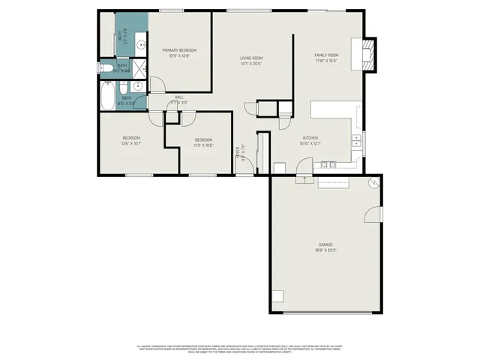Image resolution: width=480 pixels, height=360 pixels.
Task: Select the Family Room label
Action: click(x=326, y=55)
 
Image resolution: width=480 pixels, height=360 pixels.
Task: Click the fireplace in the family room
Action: click(x=367, y=54)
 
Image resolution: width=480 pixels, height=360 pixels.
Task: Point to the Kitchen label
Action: click(x=310, y=138)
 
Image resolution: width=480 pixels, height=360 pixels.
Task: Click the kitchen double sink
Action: click(x=358, y=140)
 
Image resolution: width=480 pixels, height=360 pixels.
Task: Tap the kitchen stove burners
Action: click(x=328, y=164)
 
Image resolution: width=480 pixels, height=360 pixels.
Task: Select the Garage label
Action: click(x=325, y=244)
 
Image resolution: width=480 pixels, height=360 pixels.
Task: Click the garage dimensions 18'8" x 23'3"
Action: click(x=325, y=250)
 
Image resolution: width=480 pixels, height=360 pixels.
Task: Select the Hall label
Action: click(x=179, y=97)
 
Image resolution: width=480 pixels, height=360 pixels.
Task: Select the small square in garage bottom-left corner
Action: click(x=277, y=295)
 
